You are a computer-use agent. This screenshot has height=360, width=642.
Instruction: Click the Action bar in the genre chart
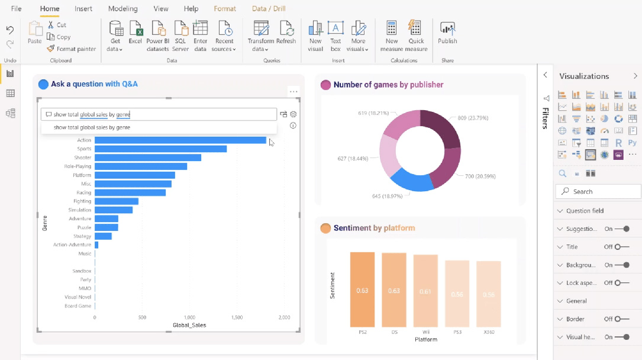pyautogui.click(x=180, y=140)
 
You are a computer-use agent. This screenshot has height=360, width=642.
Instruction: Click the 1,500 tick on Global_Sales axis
pyautogui.click(x=237, y=317)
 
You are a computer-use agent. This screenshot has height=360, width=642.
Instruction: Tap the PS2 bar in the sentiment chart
pyautogui.click(x=362, y=290)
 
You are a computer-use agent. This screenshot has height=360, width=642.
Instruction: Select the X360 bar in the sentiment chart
pyautogui.click(x=488, y=294)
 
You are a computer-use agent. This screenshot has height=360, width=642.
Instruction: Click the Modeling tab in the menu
pyautogui.click(x=122, y=9)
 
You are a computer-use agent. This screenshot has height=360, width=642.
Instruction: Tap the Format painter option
pyautogui.click(x=72, y=49)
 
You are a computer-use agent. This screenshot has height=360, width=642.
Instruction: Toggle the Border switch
pyautogui.click(x=621, y=319)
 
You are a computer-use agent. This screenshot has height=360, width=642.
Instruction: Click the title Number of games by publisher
pyautogui.click(x=388, y=85)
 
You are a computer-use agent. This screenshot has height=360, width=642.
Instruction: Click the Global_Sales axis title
pyautogui.click(x=189, y=325)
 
